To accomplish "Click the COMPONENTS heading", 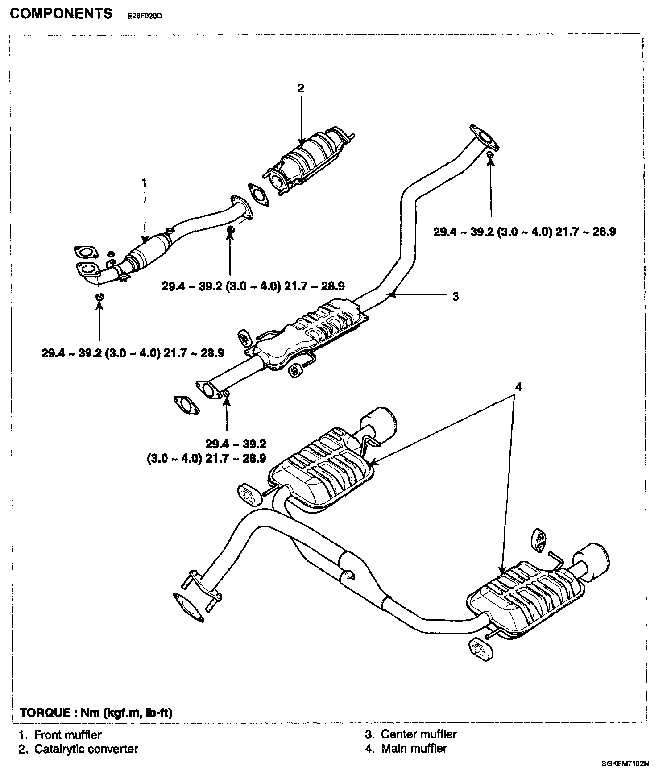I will pos(61,14).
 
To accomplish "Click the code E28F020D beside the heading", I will pos(145,16).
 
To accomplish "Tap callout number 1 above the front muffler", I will pos(144,182).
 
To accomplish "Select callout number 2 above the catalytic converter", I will pos(301,88).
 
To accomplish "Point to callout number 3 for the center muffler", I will pos(455,296).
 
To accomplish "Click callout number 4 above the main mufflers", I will pos(518,387).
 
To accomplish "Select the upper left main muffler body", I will pos(321,468).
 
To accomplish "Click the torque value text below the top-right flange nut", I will pos(525,232).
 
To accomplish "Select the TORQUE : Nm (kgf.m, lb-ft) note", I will pos(96,712).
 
